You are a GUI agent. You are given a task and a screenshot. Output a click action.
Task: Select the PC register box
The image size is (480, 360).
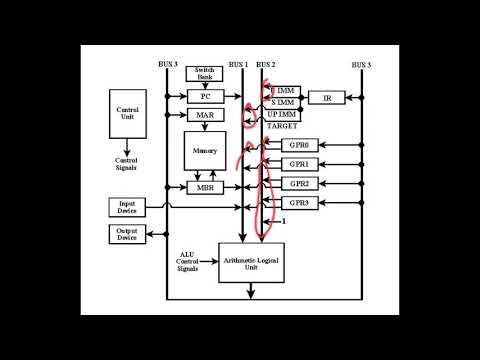click(204, 96)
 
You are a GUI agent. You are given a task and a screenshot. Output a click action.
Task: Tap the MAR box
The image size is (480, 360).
click(204, 116)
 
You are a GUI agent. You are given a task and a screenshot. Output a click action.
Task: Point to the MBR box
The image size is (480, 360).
click(204, 188)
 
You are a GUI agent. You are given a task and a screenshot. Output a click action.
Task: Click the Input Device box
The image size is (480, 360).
click(127, 208)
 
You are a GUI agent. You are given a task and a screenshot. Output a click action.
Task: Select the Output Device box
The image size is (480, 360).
click(127, 234)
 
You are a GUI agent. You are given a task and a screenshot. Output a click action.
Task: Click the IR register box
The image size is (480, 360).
click(326, 97)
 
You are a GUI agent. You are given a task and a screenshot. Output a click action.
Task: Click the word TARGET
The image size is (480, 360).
click(283, 129)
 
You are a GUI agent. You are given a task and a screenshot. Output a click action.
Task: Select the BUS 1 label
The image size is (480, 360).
click(238, 64)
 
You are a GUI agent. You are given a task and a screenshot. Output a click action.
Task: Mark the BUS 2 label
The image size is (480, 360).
click(266, 64)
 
